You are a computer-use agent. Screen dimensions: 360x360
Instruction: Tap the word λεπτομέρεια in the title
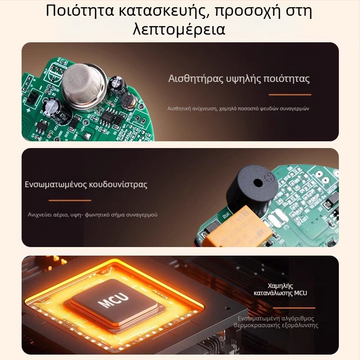[x=179, y=29]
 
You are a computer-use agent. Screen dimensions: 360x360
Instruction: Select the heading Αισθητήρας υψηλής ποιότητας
[x=239, y=78]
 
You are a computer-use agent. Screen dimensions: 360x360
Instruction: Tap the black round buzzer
[x=252, y=188]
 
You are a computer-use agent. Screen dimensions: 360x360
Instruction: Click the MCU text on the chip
[x=113, y=300]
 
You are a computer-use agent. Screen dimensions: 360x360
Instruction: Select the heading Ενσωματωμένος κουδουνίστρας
[x=86, y=184]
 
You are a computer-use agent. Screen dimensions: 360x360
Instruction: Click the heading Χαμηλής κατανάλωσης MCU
[x=280, y=289]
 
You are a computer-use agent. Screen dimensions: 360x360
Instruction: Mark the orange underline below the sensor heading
[x=290, y=94]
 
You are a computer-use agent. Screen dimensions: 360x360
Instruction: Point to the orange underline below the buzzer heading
[x=70, y=200]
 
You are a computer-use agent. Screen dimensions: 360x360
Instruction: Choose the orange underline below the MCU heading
[x=294, y=308]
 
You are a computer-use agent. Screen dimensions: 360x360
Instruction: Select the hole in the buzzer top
[x=258, y=183]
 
